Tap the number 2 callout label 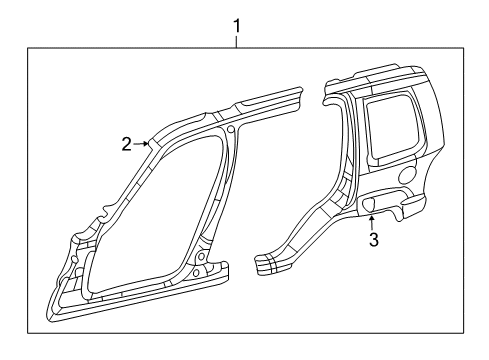pyautogui.click(x=127, y=144)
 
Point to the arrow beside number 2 pyautogui.click(x=143, y=144)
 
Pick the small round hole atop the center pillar pyautogui.click(x=231, y=129)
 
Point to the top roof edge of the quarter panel pyautogui.click(x=380, y=72)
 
